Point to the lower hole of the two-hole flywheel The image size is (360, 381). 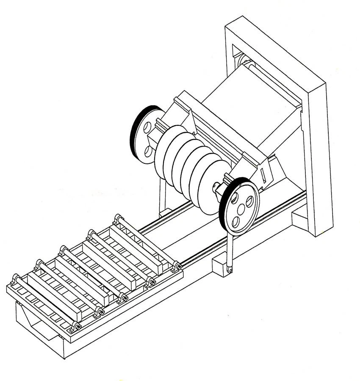pos(148,150)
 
